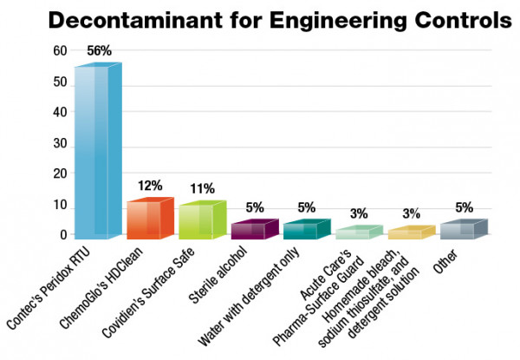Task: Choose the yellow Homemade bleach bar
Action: point(406,233)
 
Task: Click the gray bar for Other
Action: point(458,230)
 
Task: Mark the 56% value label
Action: point(99,51)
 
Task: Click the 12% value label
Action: point(151,187)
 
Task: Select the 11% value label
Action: point(203,188)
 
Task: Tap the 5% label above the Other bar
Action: point(465,208)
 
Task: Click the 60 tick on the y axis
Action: point(59,51)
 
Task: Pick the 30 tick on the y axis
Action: point(59,143)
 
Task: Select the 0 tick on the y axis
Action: point(62,234)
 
